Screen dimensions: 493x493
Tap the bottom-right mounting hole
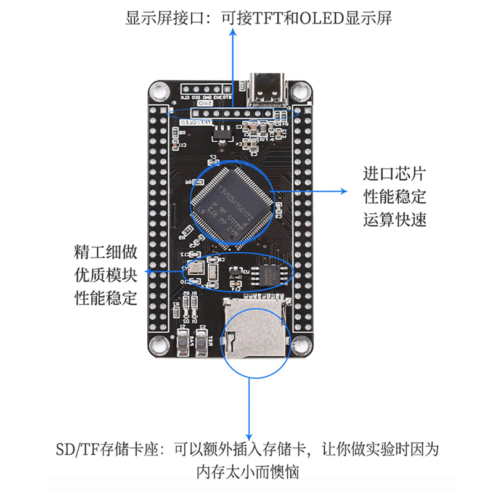301,344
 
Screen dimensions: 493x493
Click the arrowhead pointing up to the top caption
233,35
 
